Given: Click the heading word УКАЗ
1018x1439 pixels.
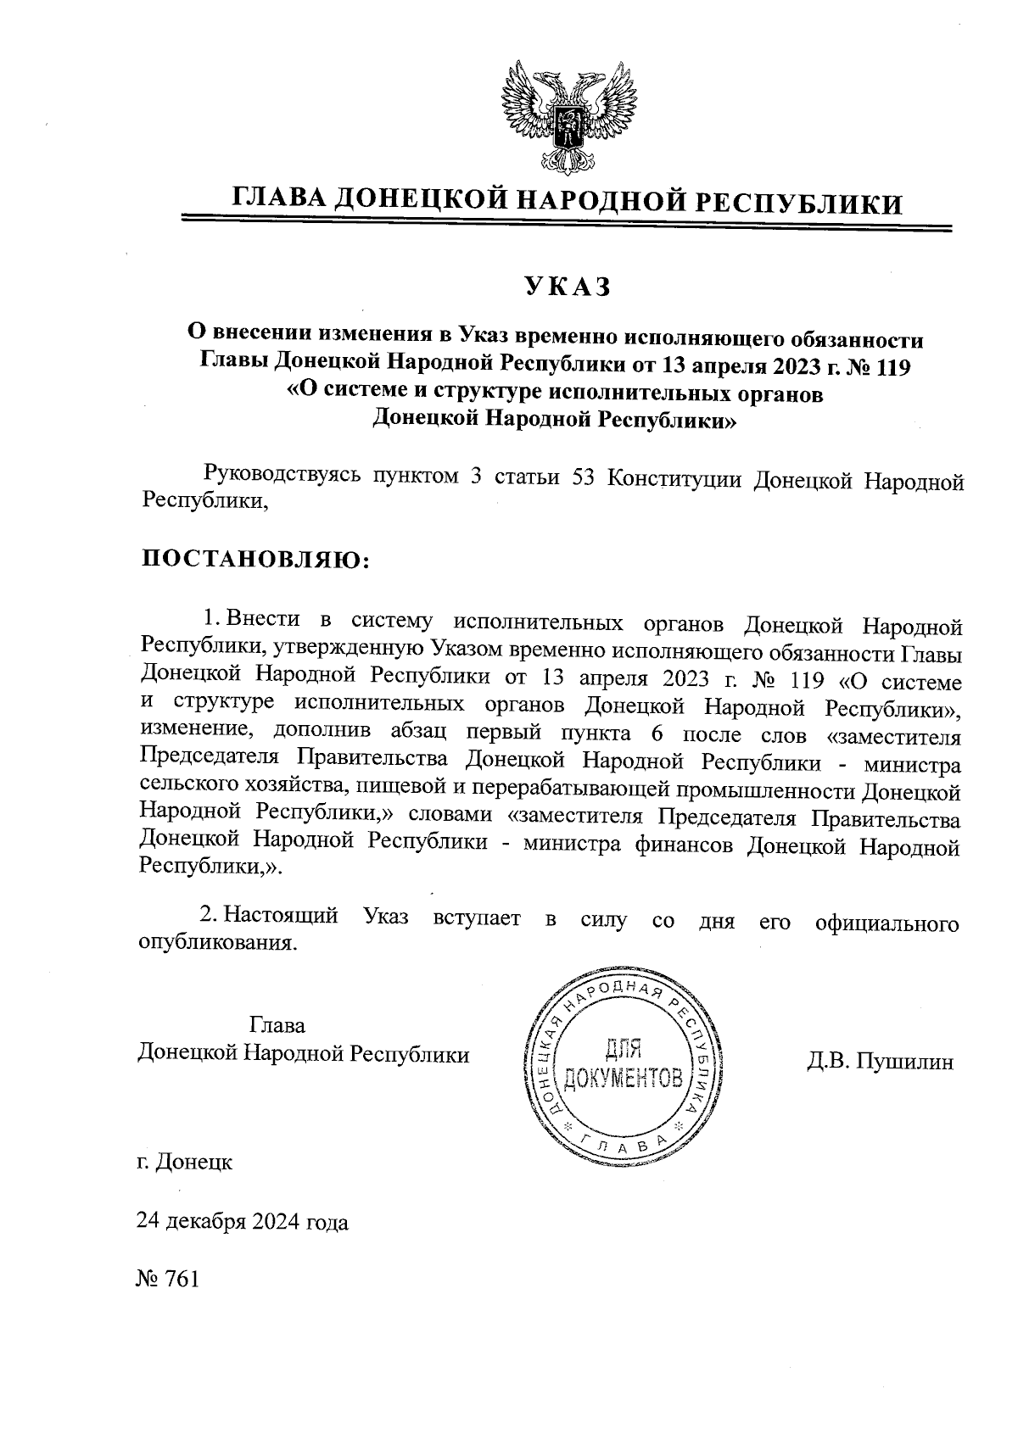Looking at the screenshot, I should point(567,288).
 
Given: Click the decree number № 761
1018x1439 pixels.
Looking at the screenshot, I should point(167,1279).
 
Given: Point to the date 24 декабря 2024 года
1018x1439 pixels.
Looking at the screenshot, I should point(243,1223).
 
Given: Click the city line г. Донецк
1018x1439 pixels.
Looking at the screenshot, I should point(184,1162).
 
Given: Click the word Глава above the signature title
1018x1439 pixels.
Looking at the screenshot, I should point(277,1025).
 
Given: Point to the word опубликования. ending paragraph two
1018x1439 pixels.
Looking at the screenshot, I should point(218,944).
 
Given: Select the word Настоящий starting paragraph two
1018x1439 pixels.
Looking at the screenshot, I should point(284,917).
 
